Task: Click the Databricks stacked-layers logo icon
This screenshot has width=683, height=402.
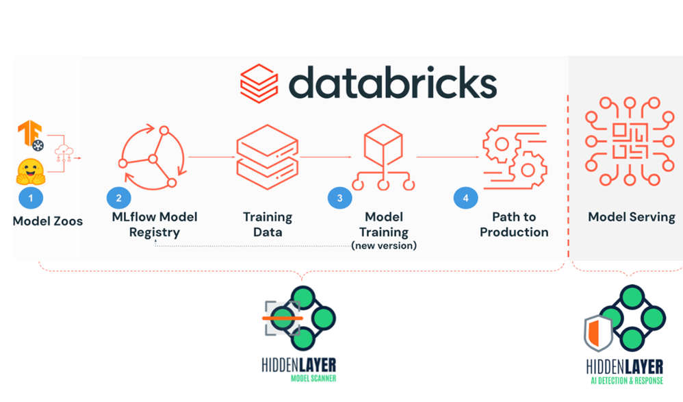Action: coord(259,84)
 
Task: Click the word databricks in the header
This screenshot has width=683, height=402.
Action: coord(392,83)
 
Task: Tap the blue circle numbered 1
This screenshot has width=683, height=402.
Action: coord(30,198)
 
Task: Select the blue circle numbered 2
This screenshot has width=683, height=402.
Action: coord(118,198)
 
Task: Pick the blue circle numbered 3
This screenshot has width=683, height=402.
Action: coord(339,198)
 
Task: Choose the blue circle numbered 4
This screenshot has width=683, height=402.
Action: coord(466,198)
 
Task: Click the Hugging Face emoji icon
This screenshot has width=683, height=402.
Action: coord(30,172)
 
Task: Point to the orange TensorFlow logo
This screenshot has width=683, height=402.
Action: coord(30,134)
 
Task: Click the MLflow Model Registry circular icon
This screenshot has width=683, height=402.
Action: coord(152,158)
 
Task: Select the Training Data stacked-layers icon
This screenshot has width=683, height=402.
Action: coord(267,156)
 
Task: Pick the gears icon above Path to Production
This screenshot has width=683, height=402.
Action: coord(513,157)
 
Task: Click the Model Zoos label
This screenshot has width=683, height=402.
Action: coord(48,221)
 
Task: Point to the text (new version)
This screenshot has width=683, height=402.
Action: coord(383,245)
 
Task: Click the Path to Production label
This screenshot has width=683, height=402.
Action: coord(514,225)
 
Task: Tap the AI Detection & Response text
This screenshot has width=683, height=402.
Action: coord(628,380)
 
